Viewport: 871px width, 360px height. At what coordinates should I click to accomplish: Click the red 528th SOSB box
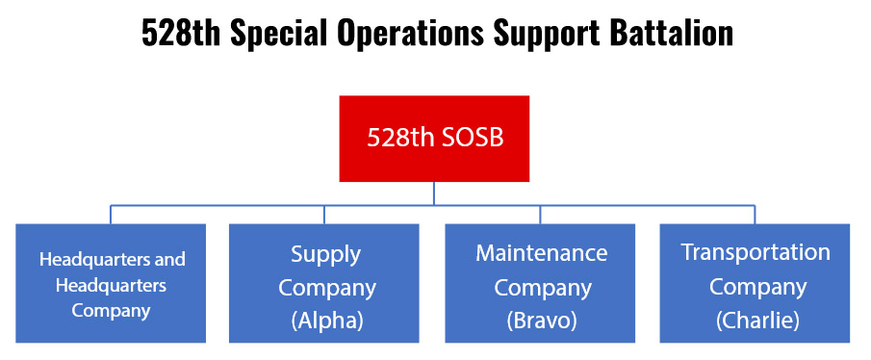coord(433,139)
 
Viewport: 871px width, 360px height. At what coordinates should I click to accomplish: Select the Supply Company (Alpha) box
coord(324,283)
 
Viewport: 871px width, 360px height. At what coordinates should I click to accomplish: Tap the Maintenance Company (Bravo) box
coord(540,283)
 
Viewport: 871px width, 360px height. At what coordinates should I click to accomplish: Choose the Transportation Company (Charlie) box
coord(756,283)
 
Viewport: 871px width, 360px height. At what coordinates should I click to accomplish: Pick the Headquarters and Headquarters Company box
coord(111,283)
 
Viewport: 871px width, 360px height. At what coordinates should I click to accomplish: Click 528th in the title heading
coord(173,33)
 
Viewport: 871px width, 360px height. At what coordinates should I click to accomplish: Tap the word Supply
coord(326,254)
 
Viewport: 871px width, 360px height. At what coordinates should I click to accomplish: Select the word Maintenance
coord(541,253)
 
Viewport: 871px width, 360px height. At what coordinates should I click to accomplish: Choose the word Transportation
coord(756,252)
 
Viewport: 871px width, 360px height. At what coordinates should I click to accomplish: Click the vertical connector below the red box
coord(433,193)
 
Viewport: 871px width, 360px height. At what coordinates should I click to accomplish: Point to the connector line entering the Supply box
coord(324,215)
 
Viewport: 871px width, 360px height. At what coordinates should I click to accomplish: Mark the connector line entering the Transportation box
coord(756,215)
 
